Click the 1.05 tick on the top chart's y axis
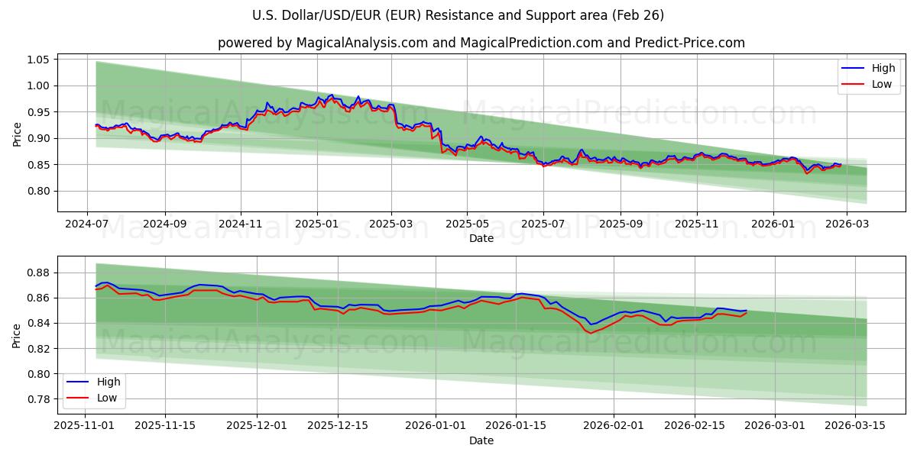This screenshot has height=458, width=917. [x=37, y=60]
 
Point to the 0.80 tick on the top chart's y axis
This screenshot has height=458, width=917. [x=37, y=191]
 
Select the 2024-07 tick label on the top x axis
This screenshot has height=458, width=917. [x=87, y=224]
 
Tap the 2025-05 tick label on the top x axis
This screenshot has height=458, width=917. [x=467, y=224]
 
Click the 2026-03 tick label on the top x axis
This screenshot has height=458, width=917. [x=848, y=224]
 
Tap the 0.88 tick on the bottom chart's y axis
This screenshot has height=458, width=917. [x=37, y=273]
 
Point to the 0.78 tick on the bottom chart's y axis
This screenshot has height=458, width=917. [x=37, y=399]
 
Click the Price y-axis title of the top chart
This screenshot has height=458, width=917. [x=17, y=134]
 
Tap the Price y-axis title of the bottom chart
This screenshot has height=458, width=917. [x=17, y=335]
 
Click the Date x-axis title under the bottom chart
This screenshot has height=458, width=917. [x=481, y=440]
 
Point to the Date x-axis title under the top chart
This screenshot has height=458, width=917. [x=481, y=238]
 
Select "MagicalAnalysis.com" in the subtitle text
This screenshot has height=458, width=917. [x=363, y=43]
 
